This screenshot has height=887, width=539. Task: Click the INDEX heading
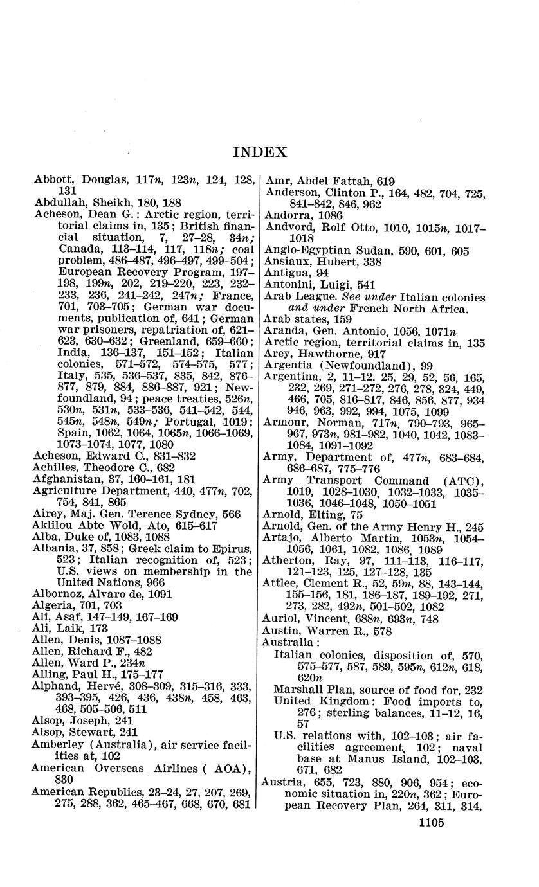click(260, 152)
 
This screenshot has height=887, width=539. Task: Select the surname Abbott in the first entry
click(51, 181)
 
